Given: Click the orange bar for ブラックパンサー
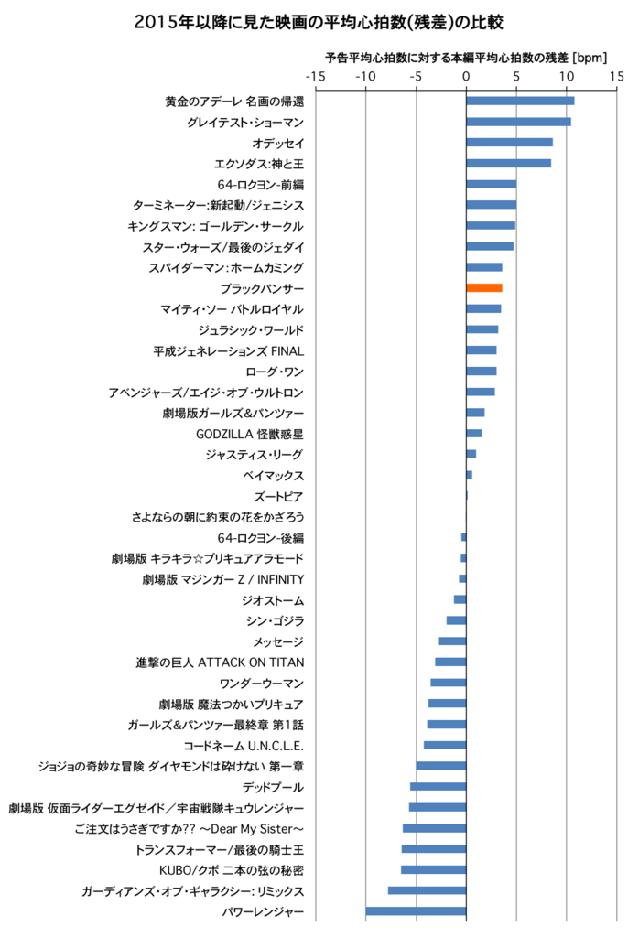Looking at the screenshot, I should point(484,288).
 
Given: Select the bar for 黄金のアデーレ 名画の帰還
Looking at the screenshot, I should point(520,101).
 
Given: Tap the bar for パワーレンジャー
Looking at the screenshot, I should point(416,911).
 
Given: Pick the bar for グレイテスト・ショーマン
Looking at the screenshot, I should point(518,122).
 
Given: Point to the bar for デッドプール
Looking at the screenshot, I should point(439,787).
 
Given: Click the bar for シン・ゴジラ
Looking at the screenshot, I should point(457,620).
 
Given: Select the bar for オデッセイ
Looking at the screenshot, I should point(509,143).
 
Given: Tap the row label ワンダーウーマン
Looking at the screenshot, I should point(262,683).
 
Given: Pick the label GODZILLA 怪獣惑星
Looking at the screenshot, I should point(250,434).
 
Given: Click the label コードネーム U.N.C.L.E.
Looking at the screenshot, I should point(244,745).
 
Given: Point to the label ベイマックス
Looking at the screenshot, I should point(273,476).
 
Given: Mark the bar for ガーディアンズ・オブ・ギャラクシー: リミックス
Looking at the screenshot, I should point(427,890).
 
